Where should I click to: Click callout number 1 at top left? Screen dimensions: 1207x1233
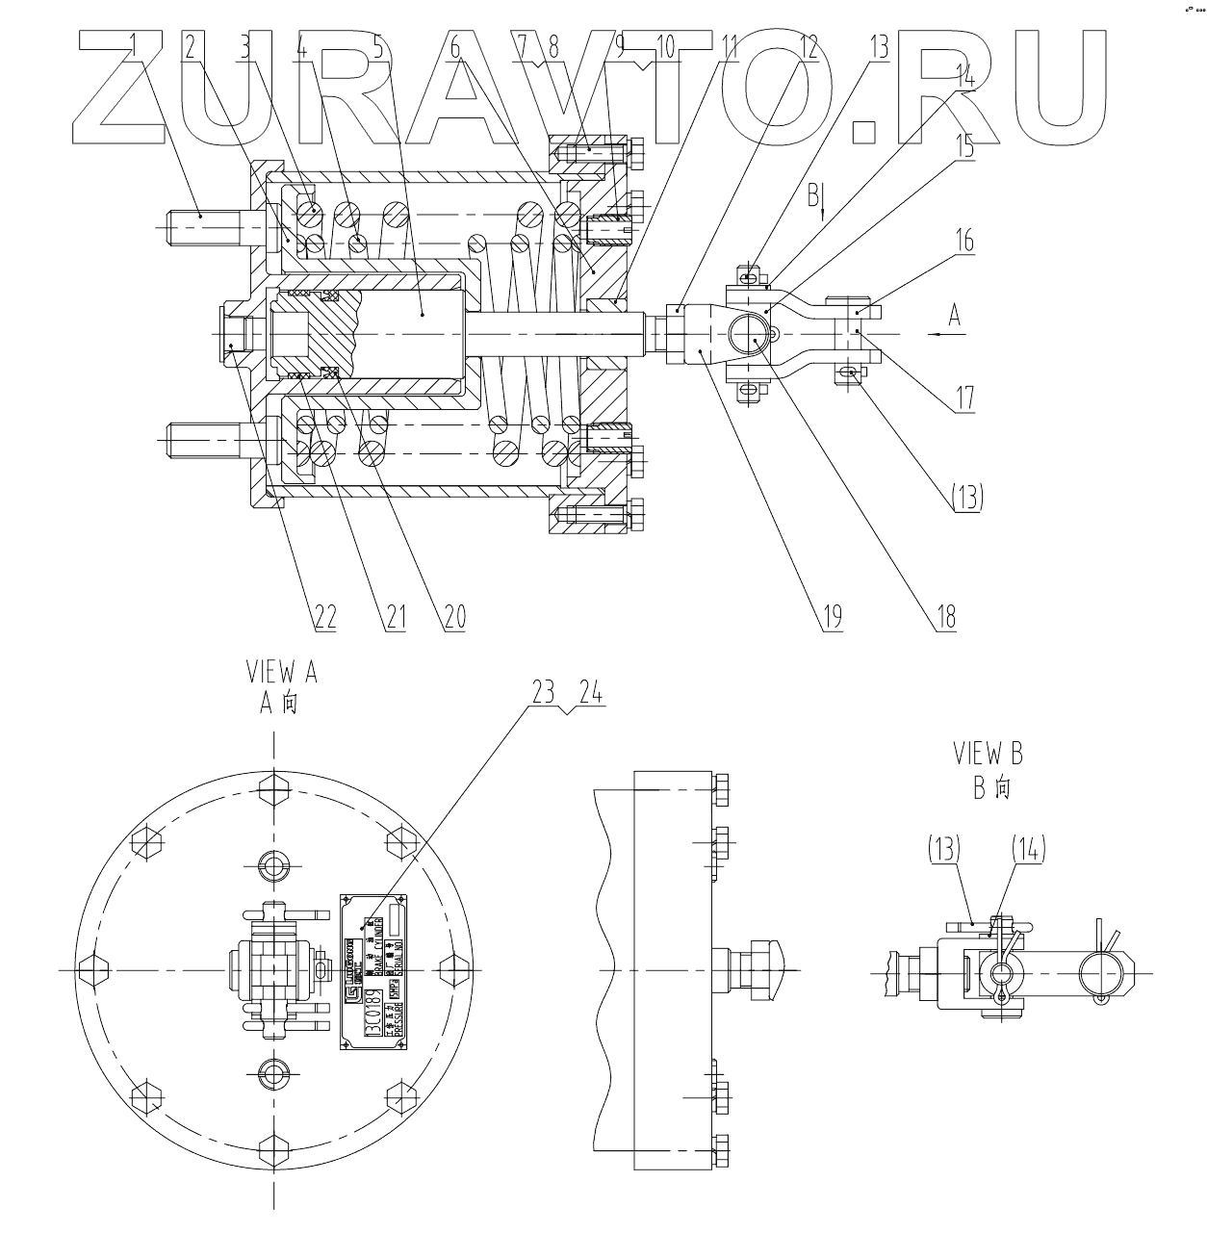click(x=134, y=44)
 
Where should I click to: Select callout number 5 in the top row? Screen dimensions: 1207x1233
click(x=376, y=44)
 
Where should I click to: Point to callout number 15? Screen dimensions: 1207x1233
click(x=963, y=147)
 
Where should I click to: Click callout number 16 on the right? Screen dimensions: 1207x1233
click(x=963, y=240)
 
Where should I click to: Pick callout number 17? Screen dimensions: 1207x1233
click(x=963, y=397)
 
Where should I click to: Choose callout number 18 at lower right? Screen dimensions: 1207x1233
click(x=946, y=616)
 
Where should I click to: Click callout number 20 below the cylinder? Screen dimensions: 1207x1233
click(x=453, y=616)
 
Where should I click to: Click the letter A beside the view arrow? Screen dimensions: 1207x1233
click(x=954, y=315)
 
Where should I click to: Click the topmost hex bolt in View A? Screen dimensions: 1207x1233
click(x=274, y=792)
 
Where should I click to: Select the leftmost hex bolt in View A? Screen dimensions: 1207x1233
click(x=95, y=970)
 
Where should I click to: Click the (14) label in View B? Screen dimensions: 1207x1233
click(x=1027, y=848)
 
